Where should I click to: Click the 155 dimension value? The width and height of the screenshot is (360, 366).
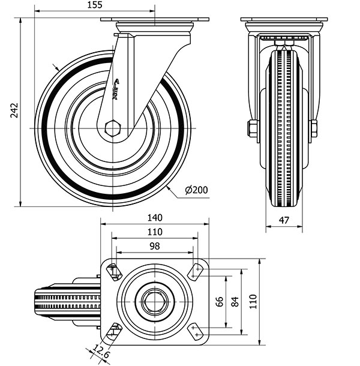click(x=95, y=5)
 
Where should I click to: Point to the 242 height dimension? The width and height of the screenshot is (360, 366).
click(x=15, y=110)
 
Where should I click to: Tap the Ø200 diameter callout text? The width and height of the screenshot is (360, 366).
click(x=196, y=190)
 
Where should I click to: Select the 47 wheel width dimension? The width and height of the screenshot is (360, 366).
click(x=284, y=220)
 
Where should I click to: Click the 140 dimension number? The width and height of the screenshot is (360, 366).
click(x=155, y=218)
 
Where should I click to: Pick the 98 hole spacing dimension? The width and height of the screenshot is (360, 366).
click(x=154, y=246)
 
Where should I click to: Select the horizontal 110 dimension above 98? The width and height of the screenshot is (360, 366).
click(x=154, y=232)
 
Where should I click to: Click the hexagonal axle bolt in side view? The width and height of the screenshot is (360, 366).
click(x=112, y=128)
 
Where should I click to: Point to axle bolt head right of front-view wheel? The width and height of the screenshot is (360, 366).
click(x=313, y=128)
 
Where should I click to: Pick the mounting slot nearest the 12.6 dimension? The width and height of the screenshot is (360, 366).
click(x=113, y=331)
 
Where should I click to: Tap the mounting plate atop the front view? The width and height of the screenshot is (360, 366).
click(x=284, y=19)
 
